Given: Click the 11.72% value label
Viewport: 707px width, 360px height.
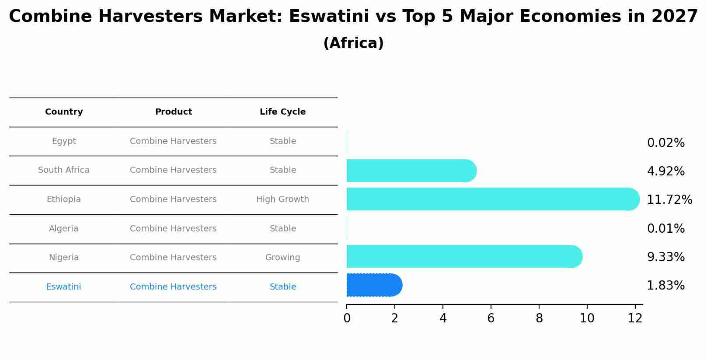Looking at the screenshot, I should click(x=669, y=200).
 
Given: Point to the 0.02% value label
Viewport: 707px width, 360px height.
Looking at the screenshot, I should click(x=665, y=143).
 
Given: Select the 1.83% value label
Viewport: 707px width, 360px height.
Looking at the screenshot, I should click(x=665, y=286).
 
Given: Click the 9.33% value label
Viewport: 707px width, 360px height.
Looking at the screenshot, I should click(x=665, y=257).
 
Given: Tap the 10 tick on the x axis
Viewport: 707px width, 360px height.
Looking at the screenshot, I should click(x=587, y=318).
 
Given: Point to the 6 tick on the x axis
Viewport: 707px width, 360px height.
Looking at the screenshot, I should click(x=491, y=318).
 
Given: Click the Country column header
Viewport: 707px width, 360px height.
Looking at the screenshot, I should click(x=64, y=112).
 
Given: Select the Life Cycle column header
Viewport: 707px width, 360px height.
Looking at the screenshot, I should click(x=282, y=112).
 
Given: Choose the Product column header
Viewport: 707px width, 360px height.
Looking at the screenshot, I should click(x=173, y=112).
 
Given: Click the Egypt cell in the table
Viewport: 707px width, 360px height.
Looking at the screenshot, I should click(x=64, y=141).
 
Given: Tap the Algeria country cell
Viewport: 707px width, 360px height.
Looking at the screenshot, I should click(x=64, y=229).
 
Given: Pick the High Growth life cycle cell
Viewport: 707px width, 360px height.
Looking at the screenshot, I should click(x=282, y=199).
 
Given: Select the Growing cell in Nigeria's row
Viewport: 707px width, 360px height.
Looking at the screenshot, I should click(x=282, y=258).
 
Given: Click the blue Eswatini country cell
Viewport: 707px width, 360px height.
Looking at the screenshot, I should click(x=64, y=287).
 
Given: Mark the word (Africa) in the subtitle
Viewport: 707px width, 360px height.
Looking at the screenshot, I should click(x=353, y=43).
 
